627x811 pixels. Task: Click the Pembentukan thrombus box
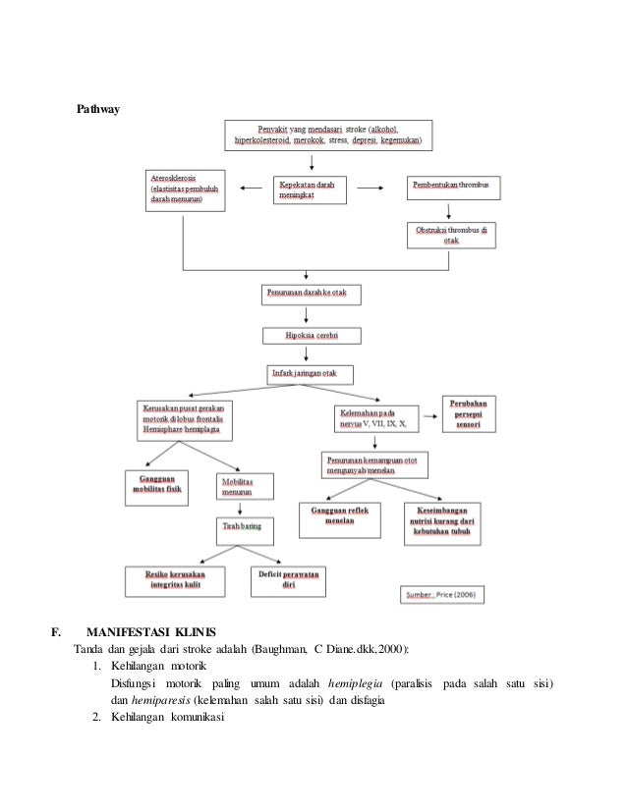(455, 185)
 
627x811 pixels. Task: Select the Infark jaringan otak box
(311, 374)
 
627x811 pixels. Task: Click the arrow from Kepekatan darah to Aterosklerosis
(253, 186)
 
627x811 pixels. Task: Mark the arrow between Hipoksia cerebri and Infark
(310, 355)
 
